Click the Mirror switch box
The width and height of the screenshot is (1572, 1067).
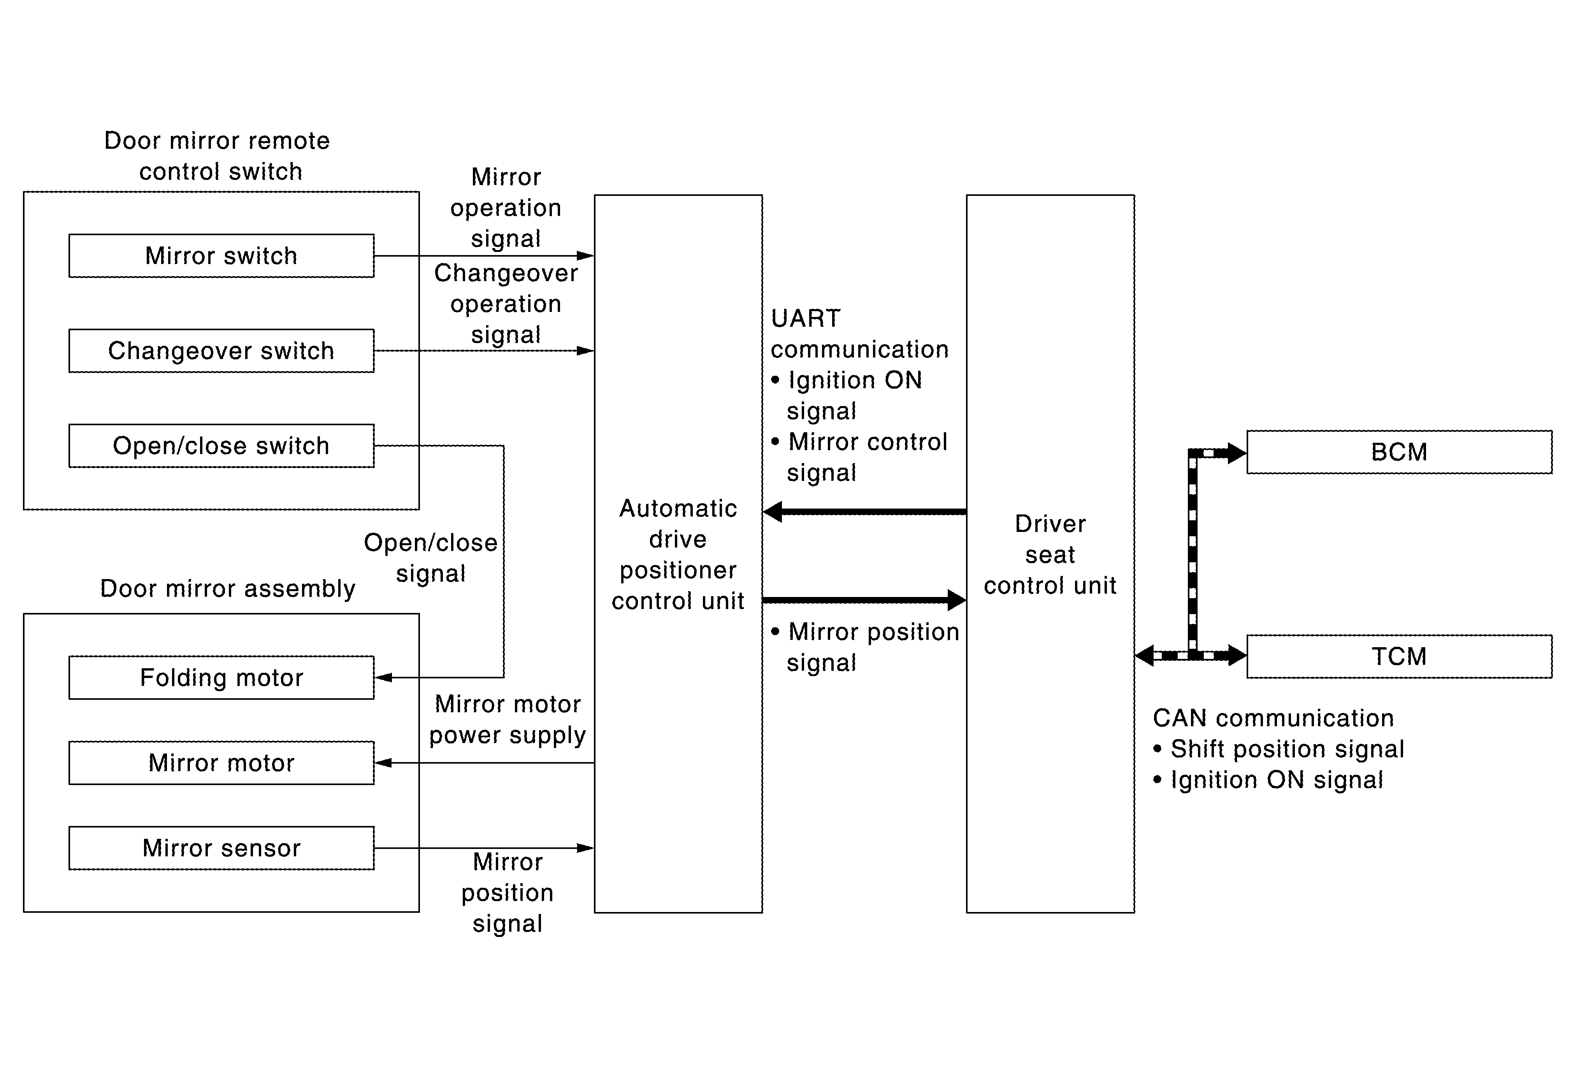pyautogui.click(x=221, y=256)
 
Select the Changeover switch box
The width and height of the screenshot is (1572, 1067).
pyautogui.click(x=221, y=350)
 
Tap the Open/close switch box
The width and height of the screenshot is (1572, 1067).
pyautogui.click(x=221, y=446)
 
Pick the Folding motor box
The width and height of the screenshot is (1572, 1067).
pyautogui.click(x=221, y=677)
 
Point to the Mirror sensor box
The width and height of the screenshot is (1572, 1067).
pyautogui.click(x=221, y=848)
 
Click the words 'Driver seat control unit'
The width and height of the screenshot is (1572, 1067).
pyautogui.click(x=1050, y=554)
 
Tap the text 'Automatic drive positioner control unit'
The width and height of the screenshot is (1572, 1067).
pyautogui.click(x=678, y=554)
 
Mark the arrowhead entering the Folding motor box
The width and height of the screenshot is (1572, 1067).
pyautogui.click(x=383, y=677)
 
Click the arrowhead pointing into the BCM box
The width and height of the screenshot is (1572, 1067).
pyautogui.click(x=1237, y=453)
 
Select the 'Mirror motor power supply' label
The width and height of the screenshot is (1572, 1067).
pyautogui.click(x=507, y=719)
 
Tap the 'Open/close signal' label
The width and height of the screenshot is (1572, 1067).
pyautogui.click(x=431, y=558)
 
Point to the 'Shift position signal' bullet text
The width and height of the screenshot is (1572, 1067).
pyautogui.click(x=1287, y=749)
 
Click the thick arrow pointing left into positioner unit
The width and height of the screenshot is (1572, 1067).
pyautogui.click(x=864, y=512)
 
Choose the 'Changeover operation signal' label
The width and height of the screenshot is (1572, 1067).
pyautogui.click(x=506, y=304)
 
